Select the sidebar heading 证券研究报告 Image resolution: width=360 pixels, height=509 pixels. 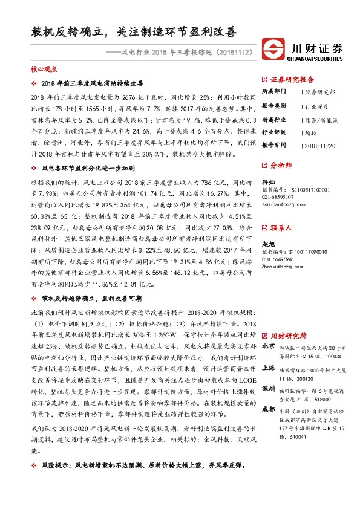(292, 79)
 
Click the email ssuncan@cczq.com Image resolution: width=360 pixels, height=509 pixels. (284, 205)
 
